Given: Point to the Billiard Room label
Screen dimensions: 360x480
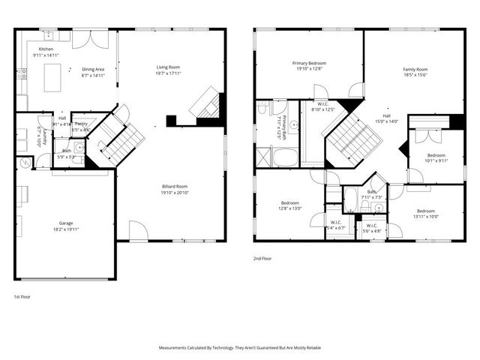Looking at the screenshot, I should tap(175, 188).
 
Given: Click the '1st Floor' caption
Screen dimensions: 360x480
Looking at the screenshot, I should tap(23, 296).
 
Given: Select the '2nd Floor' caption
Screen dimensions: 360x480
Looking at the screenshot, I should tap(263, 257).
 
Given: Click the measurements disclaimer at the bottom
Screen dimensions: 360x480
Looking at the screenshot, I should tap(240, 348).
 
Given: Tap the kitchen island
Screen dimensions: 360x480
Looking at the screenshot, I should tap(52, 76).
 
